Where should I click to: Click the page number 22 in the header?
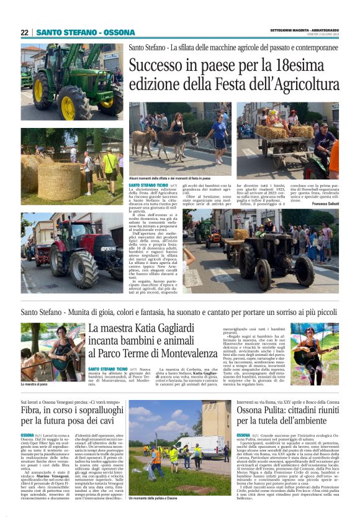coord(25,32)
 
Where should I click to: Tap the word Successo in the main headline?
coord(156,66)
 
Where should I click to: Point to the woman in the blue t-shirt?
coord(219,139)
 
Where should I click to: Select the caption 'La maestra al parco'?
coord(35,384)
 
